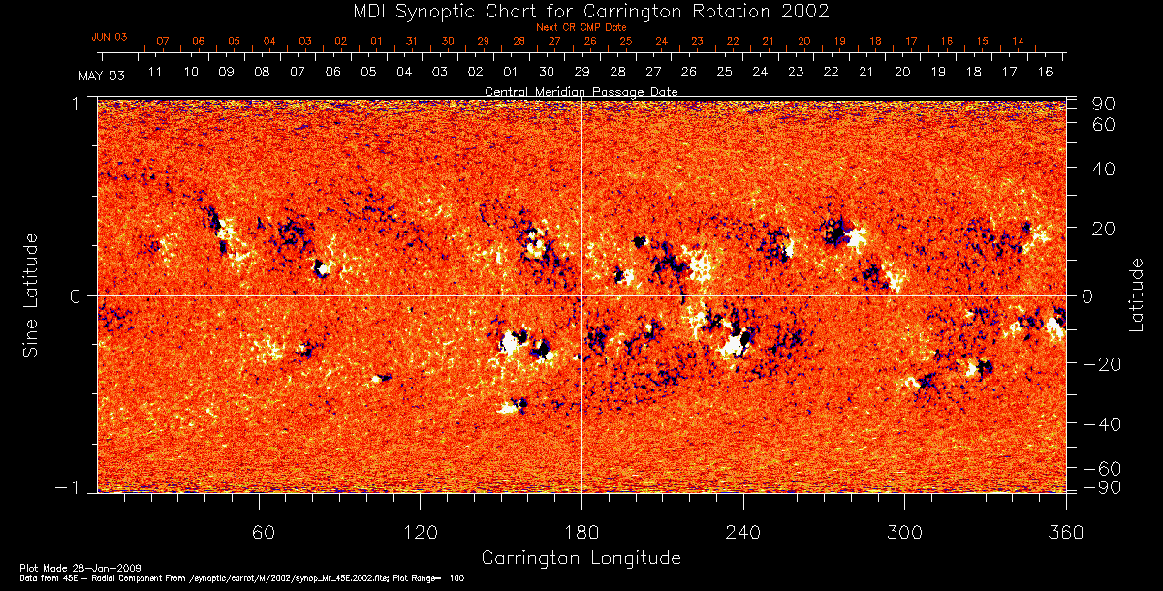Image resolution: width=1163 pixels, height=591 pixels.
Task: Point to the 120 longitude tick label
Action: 421,533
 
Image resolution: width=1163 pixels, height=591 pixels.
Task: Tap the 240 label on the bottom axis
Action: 743,533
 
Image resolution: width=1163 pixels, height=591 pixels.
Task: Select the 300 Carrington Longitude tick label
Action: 904,533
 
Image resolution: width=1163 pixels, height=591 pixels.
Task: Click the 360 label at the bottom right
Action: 1065,533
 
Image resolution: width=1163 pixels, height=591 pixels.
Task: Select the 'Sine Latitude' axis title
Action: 31,294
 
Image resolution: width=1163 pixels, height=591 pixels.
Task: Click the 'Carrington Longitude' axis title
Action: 581,558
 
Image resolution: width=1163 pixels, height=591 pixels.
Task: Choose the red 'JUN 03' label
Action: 110,37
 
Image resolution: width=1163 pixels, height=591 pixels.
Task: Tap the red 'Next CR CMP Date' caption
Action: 581,27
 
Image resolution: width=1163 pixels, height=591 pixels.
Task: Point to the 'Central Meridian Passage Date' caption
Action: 581,91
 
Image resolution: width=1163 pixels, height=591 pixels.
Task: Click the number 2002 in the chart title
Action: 799,11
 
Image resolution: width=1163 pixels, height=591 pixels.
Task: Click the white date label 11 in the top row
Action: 155,72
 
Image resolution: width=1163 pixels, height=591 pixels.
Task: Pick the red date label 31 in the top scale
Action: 412,42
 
